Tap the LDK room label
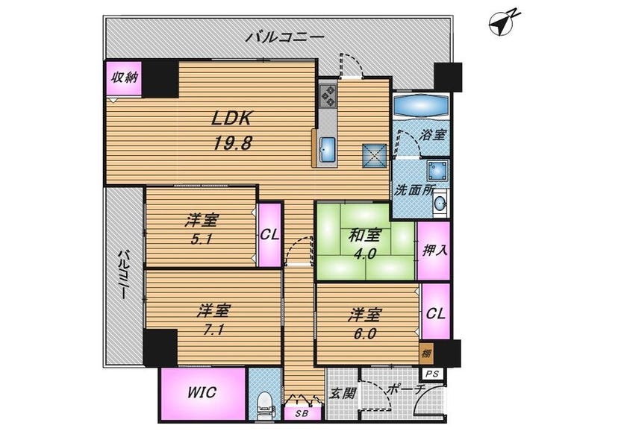(x=232, y=119)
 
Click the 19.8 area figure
(x=232, y=143)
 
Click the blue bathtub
(x=420, y=105)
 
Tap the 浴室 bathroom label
(x=432, y=135)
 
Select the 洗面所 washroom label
(x=414, y=189)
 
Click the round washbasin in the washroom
(x=440, y=204)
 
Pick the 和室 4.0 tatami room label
(x=364, y=244)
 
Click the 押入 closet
(x=434, y=251)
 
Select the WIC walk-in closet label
(x=202, y=392)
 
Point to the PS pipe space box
(x=433, y=374)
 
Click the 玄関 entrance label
(x=343, y=393)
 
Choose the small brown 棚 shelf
(x=426, y=353)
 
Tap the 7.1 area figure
(x=213, y=330)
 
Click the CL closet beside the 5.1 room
(x=269, y=235)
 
